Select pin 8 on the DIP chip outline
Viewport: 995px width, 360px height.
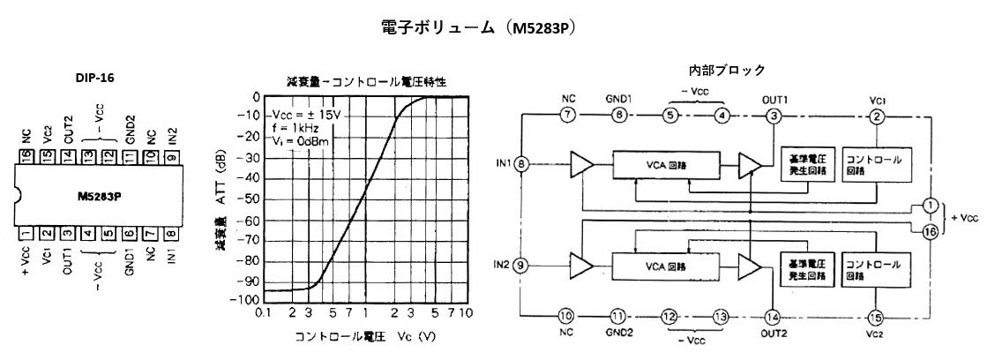[169, 233]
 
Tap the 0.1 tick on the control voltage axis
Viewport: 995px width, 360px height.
[262, 312]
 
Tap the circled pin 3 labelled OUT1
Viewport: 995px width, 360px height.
[774, 114]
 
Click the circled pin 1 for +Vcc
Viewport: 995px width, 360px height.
[929, 204]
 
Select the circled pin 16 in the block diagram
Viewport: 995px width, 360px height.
[929, 231]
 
